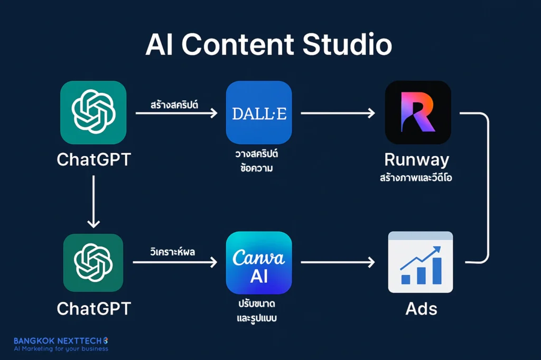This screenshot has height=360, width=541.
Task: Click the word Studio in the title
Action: [x=347, y=46]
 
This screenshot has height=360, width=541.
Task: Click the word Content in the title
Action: [x=241, y=46]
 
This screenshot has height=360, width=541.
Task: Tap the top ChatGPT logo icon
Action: [x=93, y=112]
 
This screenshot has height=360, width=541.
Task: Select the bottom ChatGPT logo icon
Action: [x=93, y=263]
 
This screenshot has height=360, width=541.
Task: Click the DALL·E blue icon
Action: [x=259, y=112]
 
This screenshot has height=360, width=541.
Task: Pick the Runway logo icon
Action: [x=418, y=112]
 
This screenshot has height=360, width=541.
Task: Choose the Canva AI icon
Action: [x=259, y=263]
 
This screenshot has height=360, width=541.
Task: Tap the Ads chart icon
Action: [x=421, y=262]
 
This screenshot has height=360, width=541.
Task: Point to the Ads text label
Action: [x=421, y=309]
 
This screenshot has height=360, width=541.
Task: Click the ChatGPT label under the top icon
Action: [x=94, y=159]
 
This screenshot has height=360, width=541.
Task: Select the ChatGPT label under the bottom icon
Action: [x=94, y=308]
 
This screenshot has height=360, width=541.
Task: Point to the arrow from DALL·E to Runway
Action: [x=338, y=112]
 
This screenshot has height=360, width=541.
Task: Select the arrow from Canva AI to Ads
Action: [x=338, y=262]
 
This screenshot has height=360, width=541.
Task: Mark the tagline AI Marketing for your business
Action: [x=60, y=349]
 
